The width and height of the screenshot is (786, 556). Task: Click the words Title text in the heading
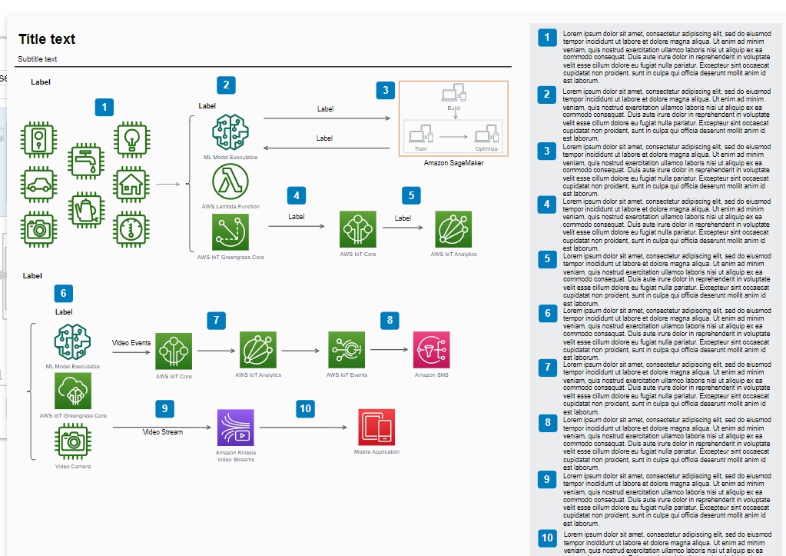pyautogui.click(x=47, y=39)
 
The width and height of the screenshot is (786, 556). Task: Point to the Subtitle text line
pyautogui.click(x=38, y=59)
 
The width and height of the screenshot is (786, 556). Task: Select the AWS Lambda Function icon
pyautogui.click(x=230, y=182)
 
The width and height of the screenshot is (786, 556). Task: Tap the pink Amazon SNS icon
pyautogui.click(x=431, y=350)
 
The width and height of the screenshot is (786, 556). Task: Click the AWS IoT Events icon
pyautogui.click(x=347, y=350)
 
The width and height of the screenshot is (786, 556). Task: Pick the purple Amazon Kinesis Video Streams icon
pyautogui.click(x=236, y=427)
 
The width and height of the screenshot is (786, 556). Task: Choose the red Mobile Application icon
pyautogui.click(x=376, y=427)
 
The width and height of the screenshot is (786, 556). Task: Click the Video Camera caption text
pyautogui.click(x=73, y=466)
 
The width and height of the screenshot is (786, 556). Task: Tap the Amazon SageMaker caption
pyautogui.click(x=453, y=163)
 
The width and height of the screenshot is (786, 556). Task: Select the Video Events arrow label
pyautogui.click(x=131, y=342)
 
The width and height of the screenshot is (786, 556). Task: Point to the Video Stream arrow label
pyautogui.click(x=163, y=432)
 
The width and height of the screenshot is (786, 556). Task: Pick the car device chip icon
pyautogui.click(x=38, y=185)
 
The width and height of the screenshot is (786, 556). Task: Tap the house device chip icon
pyautogui.click(x=131, y=185)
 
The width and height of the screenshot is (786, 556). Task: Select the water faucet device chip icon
pyautogui.click(x=85, y=162)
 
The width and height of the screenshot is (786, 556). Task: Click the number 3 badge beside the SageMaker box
pyautogui.click(x=386, y=91)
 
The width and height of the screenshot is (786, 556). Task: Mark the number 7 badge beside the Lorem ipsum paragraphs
pyautogui.click(x=547, y=368)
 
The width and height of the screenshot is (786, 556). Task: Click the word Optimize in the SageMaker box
pyautogui.click(x=486, y=149)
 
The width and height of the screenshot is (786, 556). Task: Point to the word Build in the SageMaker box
pyautogui.click(x=453, y=109)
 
